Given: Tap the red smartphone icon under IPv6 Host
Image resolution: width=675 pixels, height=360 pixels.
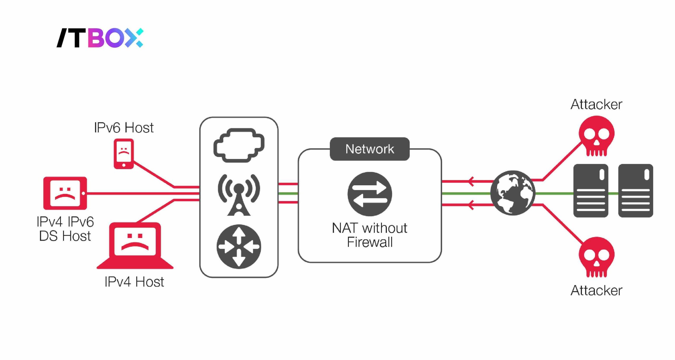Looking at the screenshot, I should coord(124,154).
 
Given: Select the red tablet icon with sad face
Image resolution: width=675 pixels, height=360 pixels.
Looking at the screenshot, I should coord(65,193).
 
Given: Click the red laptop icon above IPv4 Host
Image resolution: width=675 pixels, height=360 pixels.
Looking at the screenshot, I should coord(135,245).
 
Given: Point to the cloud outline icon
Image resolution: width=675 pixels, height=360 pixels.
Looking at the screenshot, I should coord(239,145).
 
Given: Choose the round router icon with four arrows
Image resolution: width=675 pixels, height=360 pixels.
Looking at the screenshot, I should coord(239,246).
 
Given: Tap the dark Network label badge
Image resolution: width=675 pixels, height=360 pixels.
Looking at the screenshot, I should coord(370,149).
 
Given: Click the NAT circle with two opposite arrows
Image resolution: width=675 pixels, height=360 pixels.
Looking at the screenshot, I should coord(370,194).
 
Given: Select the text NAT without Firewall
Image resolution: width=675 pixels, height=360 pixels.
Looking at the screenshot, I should coord(370,235).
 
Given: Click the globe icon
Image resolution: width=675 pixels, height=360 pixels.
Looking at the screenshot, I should coord(513,193).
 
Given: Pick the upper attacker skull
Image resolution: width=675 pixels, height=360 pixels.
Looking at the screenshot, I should coord(596,135).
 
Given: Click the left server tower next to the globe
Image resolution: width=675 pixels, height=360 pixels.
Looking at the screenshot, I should coord(591,191).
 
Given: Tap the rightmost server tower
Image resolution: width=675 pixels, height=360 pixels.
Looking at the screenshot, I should coord(635,191).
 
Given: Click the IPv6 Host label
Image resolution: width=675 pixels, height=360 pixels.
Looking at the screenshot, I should coord(124,128).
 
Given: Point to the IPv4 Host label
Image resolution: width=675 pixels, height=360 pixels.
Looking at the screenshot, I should coord(134,282).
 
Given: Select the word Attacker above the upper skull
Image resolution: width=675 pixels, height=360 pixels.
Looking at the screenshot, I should coord(596,104).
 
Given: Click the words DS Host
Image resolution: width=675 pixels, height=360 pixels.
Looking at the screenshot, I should coord(65,236).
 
